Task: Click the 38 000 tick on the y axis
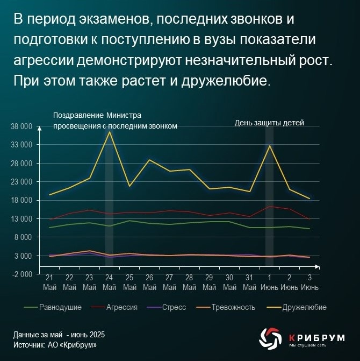22,126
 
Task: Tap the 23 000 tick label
22,182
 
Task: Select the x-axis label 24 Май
109,282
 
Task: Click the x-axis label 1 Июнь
270,282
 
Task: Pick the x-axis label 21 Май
49,282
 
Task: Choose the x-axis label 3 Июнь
309,282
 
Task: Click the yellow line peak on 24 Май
109,132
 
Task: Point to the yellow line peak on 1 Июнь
270,146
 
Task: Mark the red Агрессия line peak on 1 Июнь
270,207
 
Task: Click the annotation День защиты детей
269,123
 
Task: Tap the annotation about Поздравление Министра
115,120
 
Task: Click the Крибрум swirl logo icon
271,337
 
